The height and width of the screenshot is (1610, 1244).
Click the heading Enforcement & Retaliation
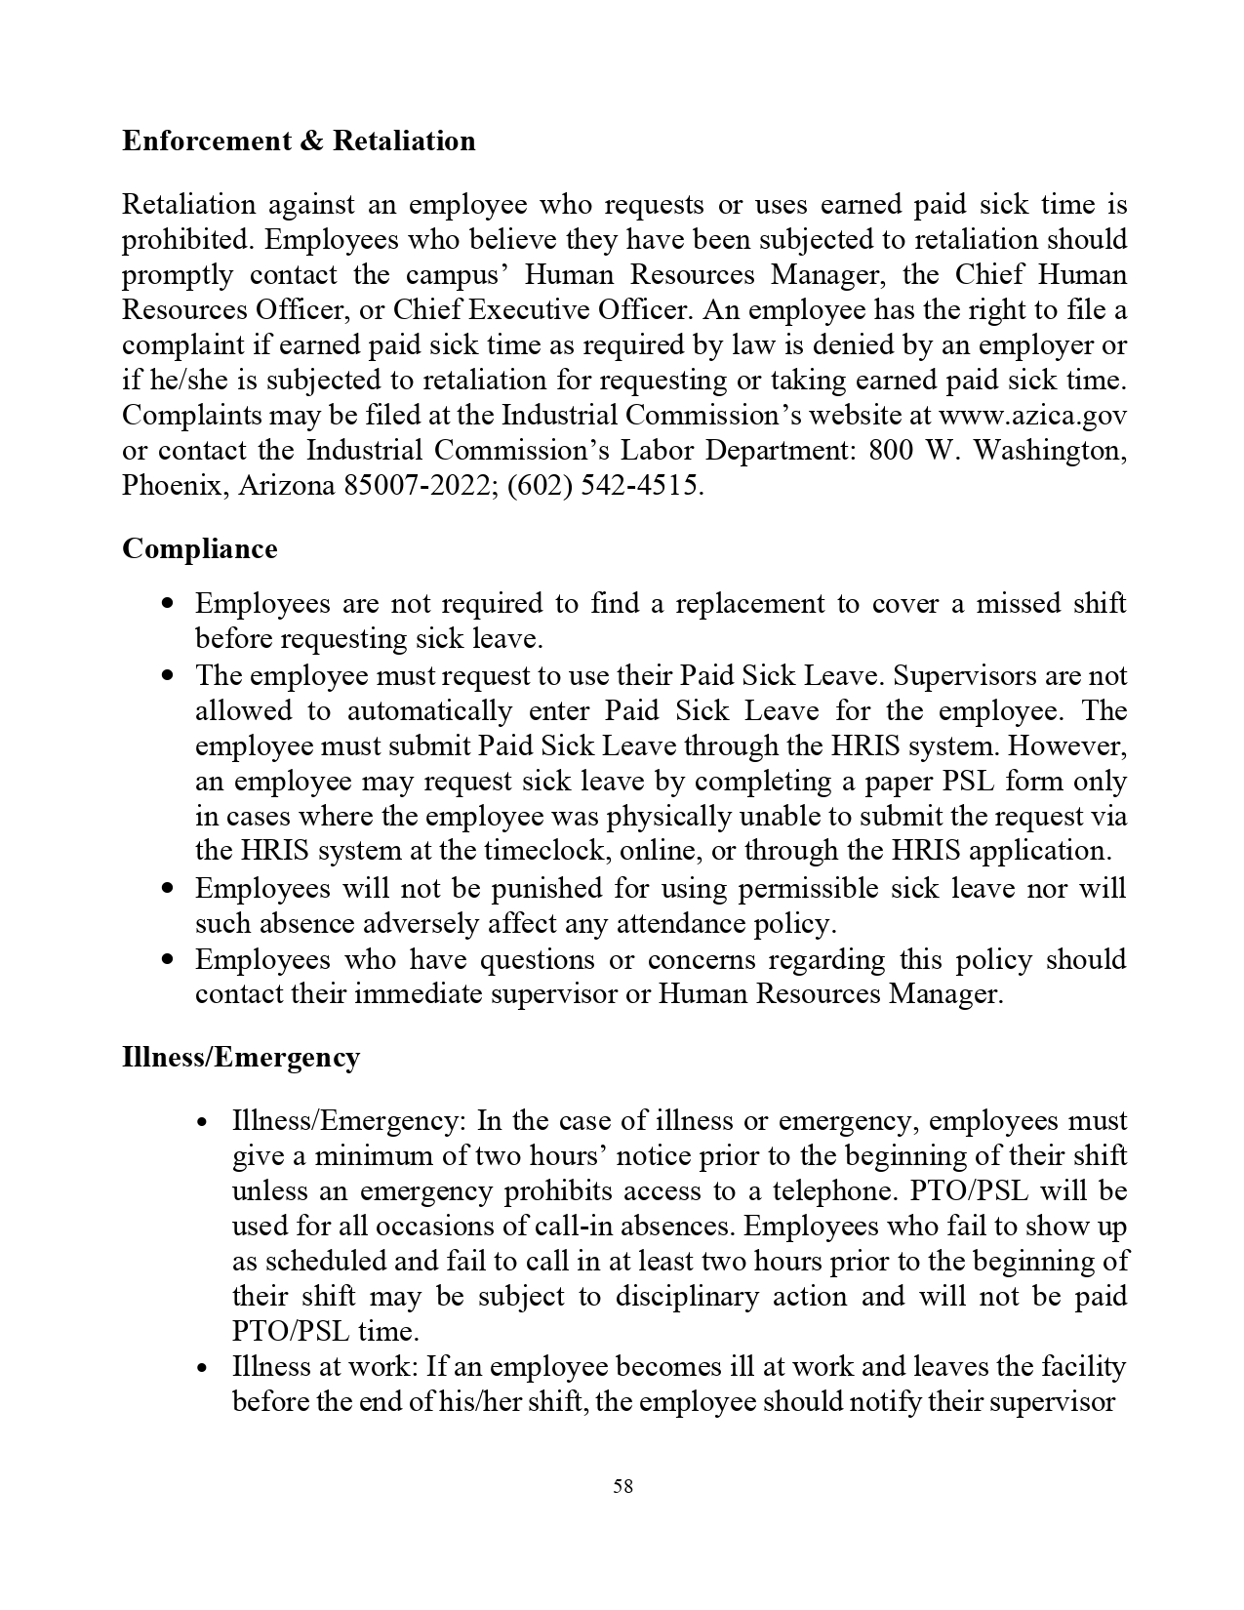pos(299,141)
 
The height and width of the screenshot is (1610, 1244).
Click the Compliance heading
pos(200,548)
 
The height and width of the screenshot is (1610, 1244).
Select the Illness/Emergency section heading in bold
pos(241,1057)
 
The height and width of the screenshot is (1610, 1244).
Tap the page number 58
pos(622,1486)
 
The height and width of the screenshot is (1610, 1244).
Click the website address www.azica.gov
pos(1032,416)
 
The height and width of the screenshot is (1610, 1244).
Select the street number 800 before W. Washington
pos(891,451)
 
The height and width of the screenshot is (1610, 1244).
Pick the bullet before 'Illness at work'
pos(203,1368)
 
